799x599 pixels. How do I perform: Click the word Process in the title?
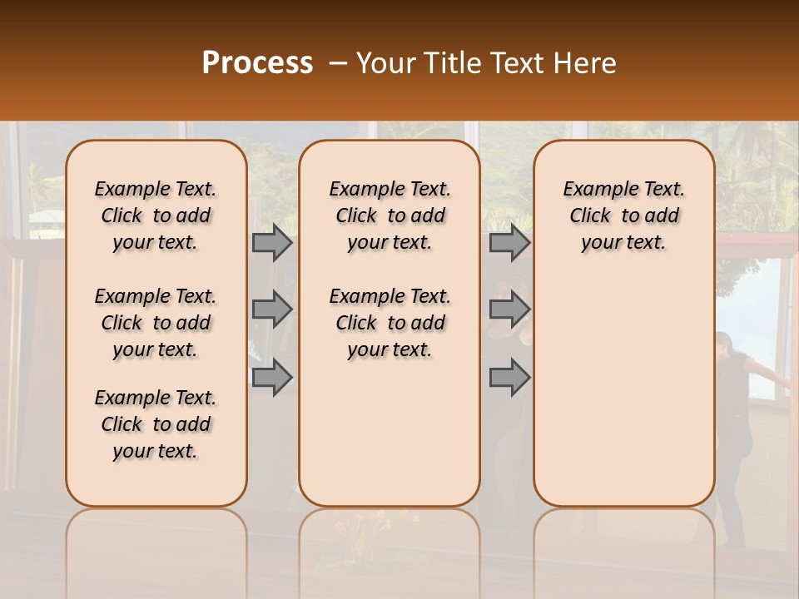[257, 63]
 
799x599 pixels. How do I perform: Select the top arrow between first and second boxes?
[271, 243]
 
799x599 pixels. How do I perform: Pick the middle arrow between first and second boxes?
[271, 309]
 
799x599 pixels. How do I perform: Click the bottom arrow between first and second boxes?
[271, 377]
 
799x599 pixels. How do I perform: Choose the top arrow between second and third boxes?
[509, 243]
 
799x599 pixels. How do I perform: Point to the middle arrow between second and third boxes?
[509, 309]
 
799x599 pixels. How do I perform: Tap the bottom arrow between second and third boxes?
[509, 377]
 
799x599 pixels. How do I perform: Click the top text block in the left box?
[156, 215]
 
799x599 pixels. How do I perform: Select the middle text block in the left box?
[156, 323]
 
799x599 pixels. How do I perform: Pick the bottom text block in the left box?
[156, 424]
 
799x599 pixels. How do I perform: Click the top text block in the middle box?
[390, 215]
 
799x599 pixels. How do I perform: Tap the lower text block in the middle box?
[390, 323]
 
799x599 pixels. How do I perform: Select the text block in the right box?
[623, 215]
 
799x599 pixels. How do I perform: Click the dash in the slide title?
[337, 63]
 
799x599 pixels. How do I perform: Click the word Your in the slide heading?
[385, 63]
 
